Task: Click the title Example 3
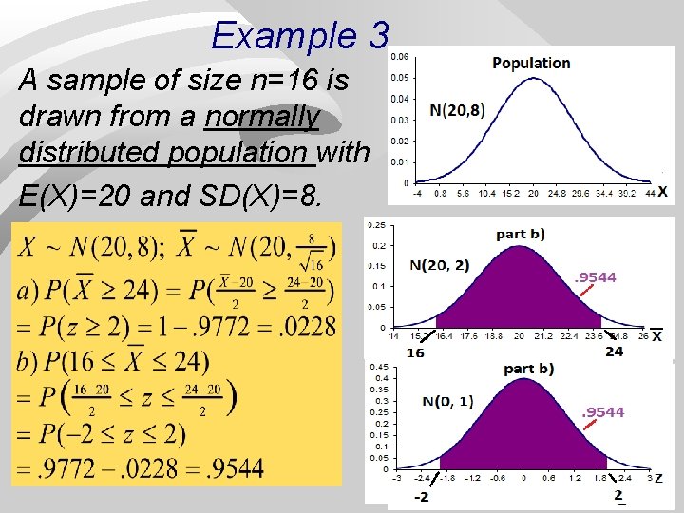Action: (x=300, y=36)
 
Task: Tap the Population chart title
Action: (x=531, y=63)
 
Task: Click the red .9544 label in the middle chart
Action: (x=596, y=277)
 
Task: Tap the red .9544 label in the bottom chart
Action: (x=603, y=411)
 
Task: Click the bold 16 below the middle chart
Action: (x=415, y=351)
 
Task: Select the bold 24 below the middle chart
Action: (x=615, y=351)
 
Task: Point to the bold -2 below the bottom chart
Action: (x=421, y=497)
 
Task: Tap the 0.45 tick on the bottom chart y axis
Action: (x=377, y=367)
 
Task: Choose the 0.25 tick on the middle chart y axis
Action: (x=378, y=226)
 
